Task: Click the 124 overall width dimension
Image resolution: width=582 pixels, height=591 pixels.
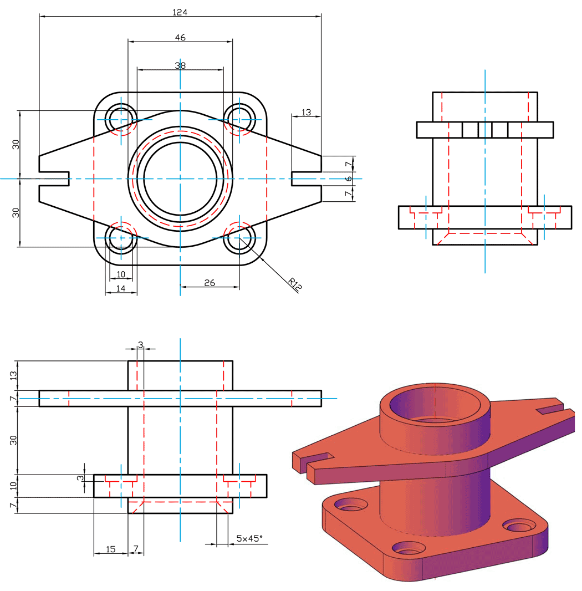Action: click(180, 12)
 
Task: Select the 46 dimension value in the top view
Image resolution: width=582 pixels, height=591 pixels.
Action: click(180, 37)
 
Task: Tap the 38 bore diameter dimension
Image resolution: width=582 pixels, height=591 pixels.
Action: click(180, 65)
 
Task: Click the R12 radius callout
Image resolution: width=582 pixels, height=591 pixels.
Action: click(295, 284)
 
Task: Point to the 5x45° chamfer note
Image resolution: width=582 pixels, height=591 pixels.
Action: click(249, 538)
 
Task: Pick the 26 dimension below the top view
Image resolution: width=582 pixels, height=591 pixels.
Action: click(210, 283)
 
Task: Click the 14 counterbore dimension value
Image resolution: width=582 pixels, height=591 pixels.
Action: click(121, 288)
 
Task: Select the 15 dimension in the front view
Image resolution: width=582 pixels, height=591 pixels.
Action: click(110, 549)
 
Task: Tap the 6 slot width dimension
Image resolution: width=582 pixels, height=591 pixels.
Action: click(349, 179)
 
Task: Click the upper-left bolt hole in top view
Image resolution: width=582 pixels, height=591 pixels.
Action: click(121, 119)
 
